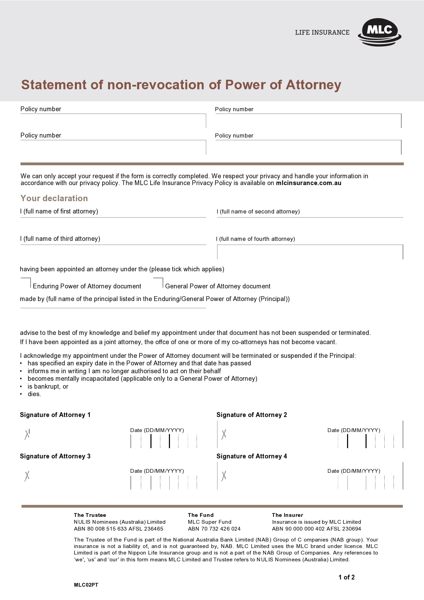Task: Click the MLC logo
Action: (380, 32)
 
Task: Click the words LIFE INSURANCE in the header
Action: (322, 32)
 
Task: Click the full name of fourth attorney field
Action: (310, 252)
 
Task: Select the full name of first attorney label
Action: (59, 211)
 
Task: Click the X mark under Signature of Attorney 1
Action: (27, 434)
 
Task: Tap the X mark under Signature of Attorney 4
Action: (224, 476)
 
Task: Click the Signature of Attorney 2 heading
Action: (252, 415)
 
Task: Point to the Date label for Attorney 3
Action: (157, 471)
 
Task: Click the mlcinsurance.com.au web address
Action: (308, 183)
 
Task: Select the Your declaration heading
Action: (54, 198)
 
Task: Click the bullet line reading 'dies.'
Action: (34, 394)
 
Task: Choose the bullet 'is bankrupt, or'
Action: (48, 387)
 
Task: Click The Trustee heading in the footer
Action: (90, 515)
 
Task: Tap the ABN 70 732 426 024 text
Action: (214, 529)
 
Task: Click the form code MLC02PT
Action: (86, 585)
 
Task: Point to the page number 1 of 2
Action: (346, 577)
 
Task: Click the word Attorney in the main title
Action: (313, 85)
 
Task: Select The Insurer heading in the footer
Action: (287, 515)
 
